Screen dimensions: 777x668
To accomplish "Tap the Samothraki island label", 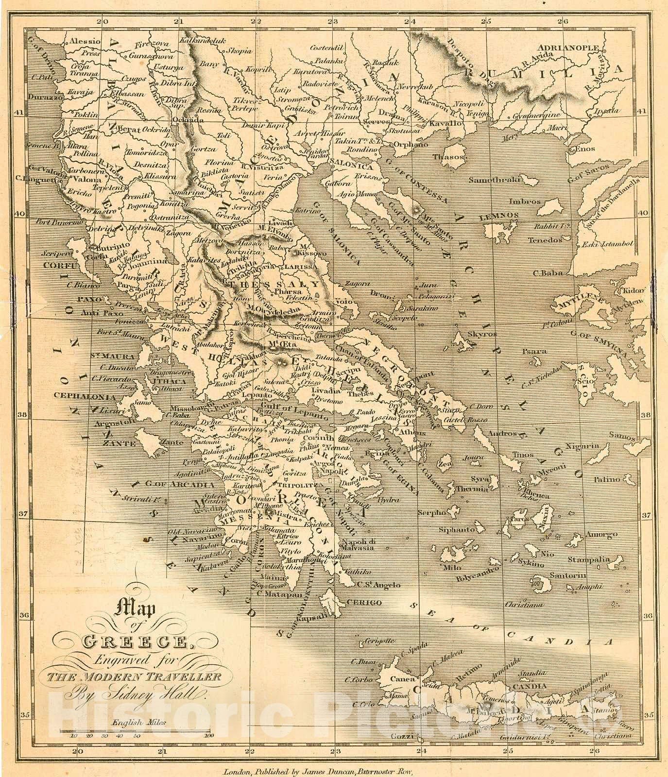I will (494, 180).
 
